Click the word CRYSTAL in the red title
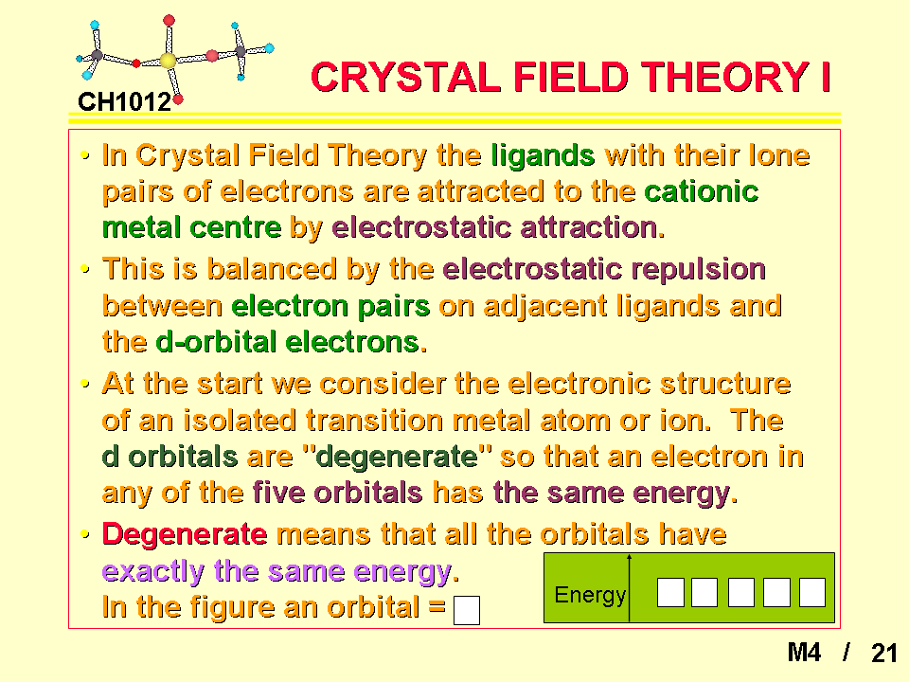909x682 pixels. click(x=405, y=77)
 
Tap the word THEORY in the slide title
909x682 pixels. click(x=724, y=77)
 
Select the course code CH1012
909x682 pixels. click(x=125, y=102)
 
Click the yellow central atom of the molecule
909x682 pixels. click(x=168, y=61)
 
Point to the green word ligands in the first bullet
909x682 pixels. click(x=544, y=155)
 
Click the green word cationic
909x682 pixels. click(x=702, y=191)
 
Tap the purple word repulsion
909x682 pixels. click(x=698, y=270)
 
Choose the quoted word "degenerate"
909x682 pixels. click(x=397, y=457)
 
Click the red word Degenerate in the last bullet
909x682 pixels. click(x=185, y=534)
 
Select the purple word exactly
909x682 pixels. click(x=153, y=571)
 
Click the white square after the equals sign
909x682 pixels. click(x=467, y=611)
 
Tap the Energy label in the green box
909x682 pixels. click(x=590, y=595)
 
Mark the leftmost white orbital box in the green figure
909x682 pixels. click(x=670, y=593)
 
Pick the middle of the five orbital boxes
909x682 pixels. click(x=740, y=593)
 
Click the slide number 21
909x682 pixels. click(x=884, y=653)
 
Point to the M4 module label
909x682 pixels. click(x=804, y=653)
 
